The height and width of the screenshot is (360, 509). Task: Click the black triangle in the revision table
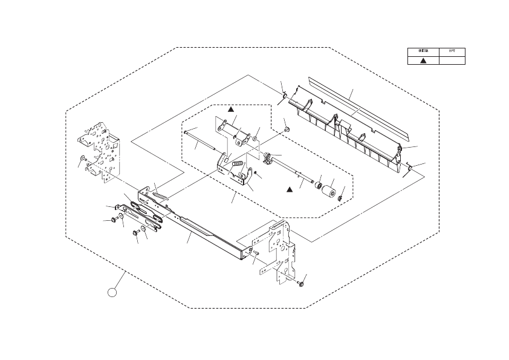(424, 60)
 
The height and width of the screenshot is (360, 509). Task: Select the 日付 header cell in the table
(452, 51)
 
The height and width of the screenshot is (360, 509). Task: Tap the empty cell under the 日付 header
(452, 60)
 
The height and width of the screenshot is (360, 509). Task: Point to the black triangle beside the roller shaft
(290, 190)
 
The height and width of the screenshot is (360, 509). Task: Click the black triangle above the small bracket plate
(230, 110)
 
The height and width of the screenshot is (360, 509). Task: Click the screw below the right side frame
(300, 283)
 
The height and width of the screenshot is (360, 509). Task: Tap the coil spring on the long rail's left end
(159, 195)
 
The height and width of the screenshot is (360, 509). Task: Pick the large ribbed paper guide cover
(345, 130)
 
